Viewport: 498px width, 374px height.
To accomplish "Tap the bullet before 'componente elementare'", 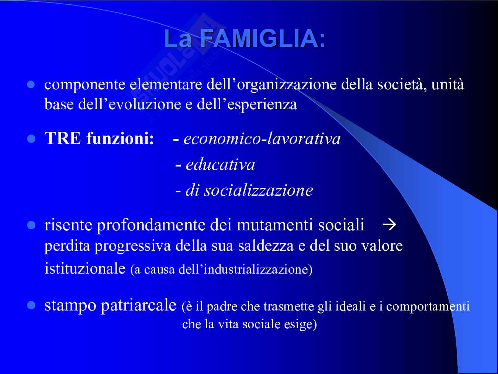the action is [31, 85].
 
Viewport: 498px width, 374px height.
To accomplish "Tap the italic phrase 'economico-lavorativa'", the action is [262, 138].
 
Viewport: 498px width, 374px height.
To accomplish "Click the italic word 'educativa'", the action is [220, 164].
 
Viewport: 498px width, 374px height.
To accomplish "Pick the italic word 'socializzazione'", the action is [259, 190].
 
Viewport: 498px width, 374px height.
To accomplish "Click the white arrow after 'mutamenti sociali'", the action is [389, 225].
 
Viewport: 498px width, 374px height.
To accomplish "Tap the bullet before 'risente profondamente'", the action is [31, 226].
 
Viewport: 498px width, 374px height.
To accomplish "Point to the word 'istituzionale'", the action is [85, 268].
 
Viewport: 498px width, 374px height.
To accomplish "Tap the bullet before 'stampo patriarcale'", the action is [31, 305].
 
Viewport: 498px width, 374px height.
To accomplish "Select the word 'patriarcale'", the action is [138, 305].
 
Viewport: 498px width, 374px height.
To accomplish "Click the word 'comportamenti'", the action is [428, 306].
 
